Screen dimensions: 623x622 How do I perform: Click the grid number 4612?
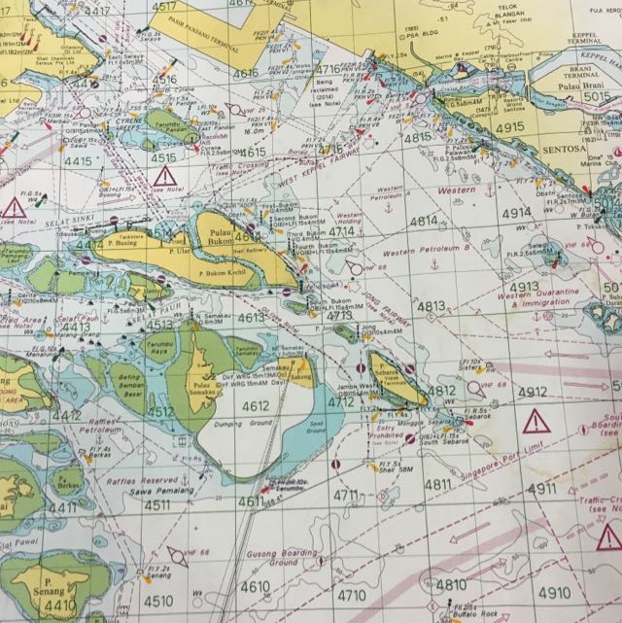[x=257, y=406]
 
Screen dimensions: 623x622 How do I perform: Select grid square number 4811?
[x=438, y=484]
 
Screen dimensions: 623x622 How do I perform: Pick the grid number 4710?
[x=352, y=595]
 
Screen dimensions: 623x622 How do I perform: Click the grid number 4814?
[x=423, y=222]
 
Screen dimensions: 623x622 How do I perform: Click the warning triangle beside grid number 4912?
[x=535, y=422]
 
